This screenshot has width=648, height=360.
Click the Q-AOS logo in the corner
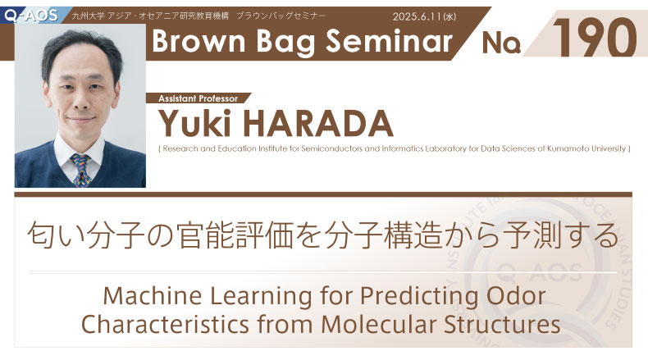(x=31, y=16)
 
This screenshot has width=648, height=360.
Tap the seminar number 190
(x=595, y=38)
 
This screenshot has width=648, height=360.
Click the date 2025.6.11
(x=417, y=16)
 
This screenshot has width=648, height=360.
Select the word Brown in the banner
(x=199, y=41)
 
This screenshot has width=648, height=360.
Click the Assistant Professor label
(x=198, y=98)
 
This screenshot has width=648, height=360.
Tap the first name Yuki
(x=195, y=123)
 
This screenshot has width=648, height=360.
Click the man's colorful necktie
(x=81, y=170)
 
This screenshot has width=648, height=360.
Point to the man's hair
(x=81, y=48)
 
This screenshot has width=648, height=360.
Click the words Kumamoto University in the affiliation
(x=586, y=148)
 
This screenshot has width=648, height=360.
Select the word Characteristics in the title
(x=166, y=325)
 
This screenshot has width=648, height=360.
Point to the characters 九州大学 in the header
(x=88, y=16)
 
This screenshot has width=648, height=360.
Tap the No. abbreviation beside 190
(x=500, y=43)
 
